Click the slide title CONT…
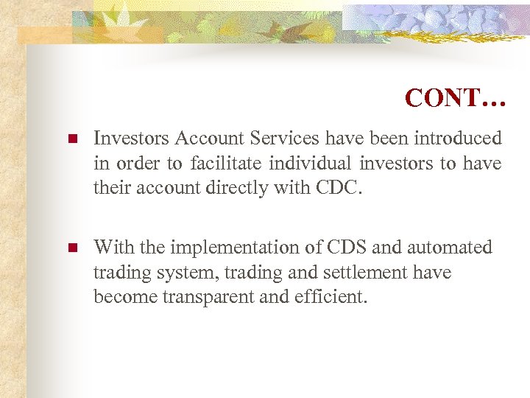(x=455, y=98)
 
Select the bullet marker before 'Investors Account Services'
(x=71, y=139)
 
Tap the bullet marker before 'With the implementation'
(x=71, y=248)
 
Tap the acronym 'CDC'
(x=338, y=188)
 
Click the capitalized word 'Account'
(x=202, y=138)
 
